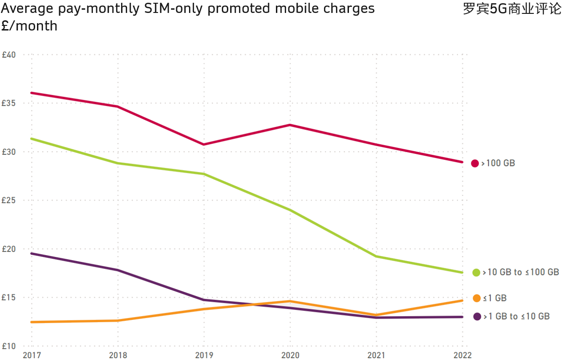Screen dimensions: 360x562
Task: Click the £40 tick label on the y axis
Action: (9, 55)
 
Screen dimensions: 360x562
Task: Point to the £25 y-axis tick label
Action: (9, 201)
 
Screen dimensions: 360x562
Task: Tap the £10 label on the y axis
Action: (9, 346)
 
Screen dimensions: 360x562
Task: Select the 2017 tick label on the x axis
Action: (31, 355)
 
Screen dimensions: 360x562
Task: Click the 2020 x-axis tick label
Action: (290, 355)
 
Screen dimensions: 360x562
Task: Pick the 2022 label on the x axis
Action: (463, 355)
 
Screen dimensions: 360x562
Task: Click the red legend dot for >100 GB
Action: (475, 163)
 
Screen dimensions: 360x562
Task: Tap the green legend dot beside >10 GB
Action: (476, 273)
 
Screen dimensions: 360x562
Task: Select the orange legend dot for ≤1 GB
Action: (476, 298)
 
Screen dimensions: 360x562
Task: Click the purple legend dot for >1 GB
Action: (477, 317)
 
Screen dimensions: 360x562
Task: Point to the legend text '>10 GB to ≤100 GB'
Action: (521, 272)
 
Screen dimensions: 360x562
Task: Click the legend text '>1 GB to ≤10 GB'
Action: (517, 317)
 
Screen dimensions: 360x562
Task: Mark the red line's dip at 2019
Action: (204, 144)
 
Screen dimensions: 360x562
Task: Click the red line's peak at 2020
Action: (290, 125)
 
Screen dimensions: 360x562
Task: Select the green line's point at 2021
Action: (376, 256)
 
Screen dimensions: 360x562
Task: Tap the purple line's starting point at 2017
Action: (31, 253)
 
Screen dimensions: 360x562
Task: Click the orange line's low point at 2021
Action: (376, 315)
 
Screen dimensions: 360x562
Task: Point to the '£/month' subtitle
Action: (29, 26)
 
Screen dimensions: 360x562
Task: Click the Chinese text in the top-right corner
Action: (512, 9)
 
